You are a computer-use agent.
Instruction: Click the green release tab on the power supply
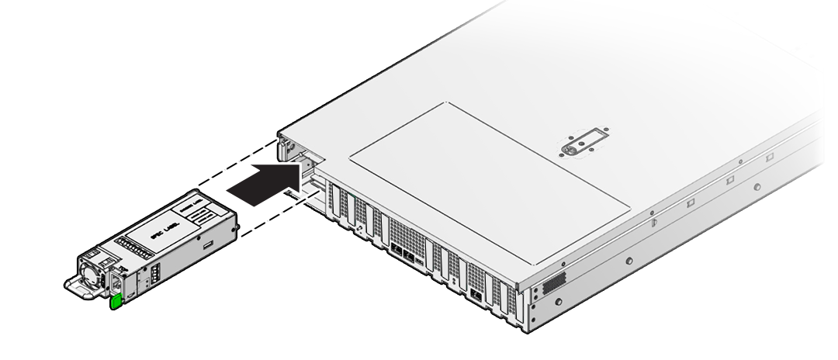(x=116, y=301)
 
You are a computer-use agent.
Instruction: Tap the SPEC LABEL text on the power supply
(x=162, y=226)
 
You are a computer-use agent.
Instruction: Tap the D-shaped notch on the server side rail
(x=655, y=226)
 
